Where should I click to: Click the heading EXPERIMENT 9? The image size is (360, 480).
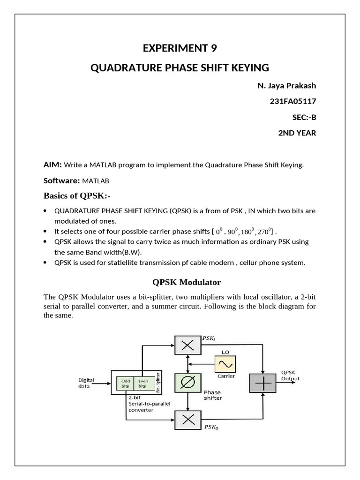pos(180,48)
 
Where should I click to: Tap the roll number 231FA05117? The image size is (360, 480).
pos(293,101)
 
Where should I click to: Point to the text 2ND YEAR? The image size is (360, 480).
pos(297,133)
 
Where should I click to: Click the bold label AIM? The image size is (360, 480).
pos(52,165)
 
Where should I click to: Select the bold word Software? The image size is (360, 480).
pos(61,180)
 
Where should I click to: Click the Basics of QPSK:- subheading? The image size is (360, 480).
pos(77,195)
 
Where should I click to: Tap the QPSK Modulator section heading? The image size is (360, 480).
pos(187,282)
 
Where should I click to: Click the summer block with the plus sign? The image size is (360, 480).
pos(263,383)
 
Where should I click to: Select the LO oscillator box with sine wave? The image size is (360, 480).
pos(225,364)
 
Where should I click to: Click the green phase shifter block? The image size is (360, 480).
pos(187,382)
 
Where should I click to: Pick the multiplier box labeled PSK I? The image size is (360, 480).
pos(187,345)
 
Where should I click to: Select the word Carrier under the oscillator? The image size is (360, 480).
pos(225,376)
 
